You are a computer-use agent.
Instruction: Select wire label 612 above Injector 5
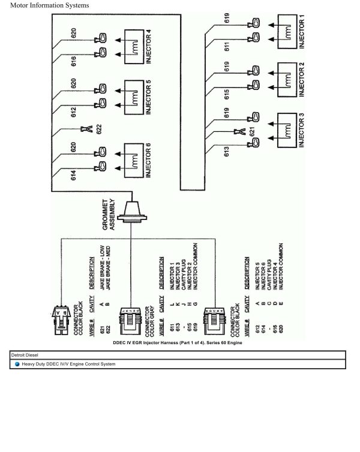click(x=73, y=112)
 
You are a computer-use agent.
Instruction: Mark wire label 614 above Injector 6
click(x=73, y=175)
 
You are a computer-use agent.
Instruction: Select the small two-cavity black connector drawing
click(x=60, y=314)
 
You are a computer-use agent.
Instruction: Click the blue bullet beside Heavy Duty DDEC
click(x=17, y=364)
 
